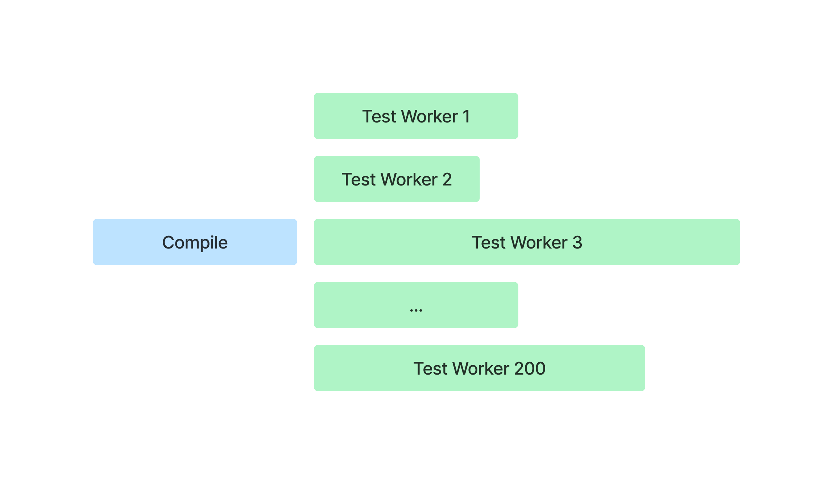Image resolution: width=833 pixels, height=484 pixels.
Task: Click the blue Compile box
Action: click(195, 242)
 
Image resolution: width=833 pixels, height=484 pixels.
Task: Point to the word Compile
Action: click(195, 243)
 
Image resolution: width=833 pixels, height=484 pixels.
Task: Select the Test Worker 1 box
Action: click(416, 116)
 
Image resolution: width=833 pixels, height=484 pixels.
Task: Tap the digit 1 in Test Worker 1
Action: click(467, 117)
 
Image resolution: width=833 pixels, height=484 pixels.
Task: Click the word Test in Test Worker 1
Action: click(379, 117)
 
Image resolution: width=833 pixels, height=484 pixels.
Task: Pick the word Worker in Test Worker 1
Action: click(430, 117)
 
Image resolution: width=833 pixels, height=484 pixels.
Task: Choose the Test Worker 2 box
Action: click(397, 179)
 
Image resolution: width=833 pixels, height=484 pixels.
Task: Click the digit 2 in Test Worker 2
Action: click(447, 180)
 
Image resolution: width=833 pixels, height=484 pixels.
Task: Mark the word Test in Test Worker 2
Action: click(359, 180)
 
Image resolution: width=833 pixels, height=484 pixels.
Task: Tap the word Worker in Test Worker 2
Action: click(409, 180)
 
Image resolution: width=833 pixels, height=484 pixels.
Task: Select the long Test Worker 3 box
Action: click(527, 242)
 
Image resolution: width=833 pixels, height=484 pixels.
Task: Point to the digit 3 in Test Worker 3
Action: click(577, 243)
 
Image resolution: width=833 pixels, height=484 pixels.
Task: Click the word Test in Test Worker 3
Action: click(489, 243)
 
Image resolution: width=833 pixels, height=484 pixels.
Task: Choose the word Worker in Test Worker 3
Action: click(539, 243)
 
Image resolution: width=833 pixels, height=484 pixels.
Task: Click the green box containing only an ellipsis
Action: click(416, 305)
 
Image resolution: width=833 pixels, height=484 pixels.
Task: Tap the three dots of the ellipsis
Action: click(416, 310)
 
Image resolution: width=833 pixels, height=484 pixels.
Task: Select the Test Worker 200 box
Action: click(480, 368)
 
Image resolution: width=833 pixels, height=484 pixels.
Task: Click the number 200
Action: click(530, 369)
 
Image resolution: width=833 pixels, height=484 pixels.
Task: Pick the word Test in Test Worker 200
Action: click(431, 369)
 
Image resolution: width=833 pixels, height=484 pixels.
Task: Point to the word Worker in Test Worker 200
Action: click(481, 369)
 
